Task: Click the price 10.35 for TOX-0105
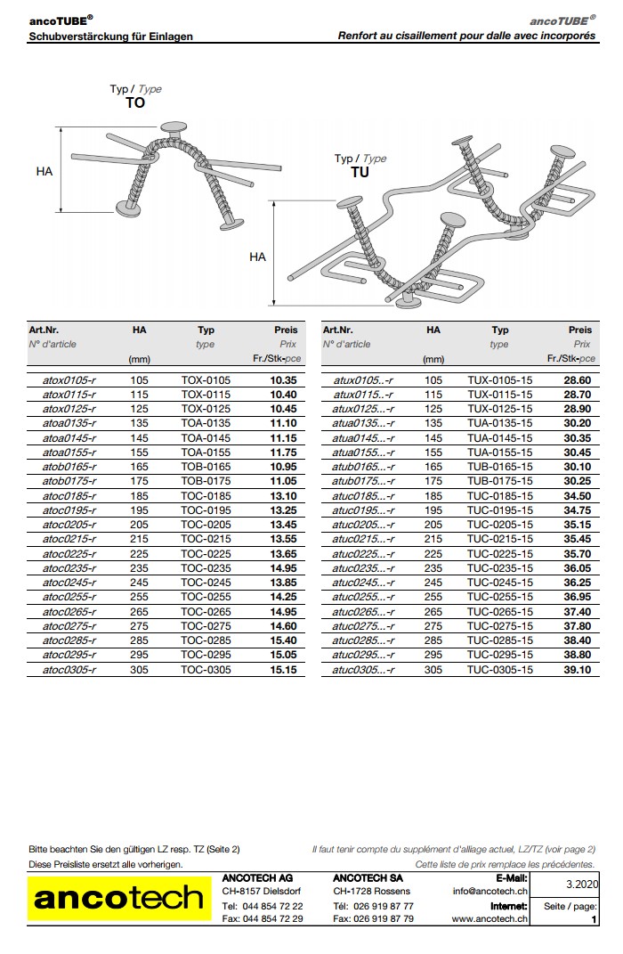pyautogui.click(x=283, y=379)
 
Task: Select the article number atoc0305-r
pyautogui.click(x=69, y=670)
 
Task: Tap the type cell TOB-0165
pyautogui.click(x=206, y=467)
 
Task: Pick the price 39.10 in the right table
pyautogui.click(x=577, y=670)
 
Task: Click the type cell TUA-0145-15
pyautogui.click(x=499, y=437)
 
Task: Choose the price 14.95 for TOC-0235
pyautogui.click(x=283, y=568)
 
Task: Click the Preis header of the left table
pyautogui.click(x=286, y=330)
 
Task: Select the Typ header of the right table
pyautogui.click(x=500, y=330)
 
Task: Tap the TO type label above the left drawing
pyautogui.click(x=135, y=102)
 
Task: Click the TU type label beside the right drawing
pyautogui.click(x=360, y=172)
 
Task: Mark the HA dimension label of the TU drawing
pyautogui.click(x=257, y=257)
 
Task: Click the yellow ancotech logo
pyautogui.click(x=119, y=899)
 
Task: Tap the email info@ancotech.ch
pyautogui.click(x=489, y=891)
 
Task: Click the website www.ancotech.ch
pyautogui.click(x=489, y=918)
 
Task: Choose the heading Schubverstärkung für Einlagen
pyautogui.click(x=111, y=37)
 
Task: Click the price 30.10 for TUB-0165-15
pyautogui.click(x=577, y=467)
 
